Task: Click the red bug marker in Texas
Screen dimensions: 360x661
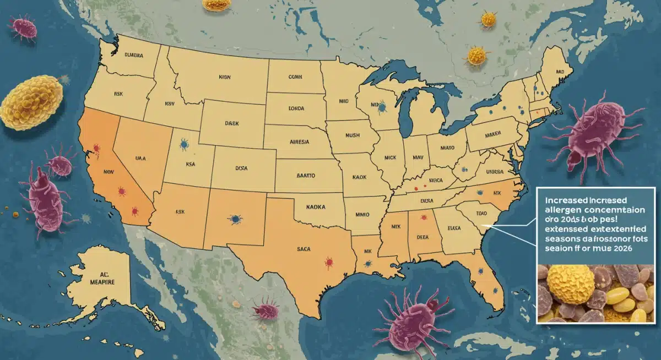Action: click(329, 261)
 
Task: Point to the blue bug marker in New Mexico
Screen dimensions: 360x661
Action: click(235, 219)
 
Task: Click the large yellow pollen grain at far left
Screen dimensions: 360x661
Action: click(31, 103)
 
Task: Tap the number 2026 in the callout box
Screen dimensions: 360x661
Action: click(619, 248)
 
